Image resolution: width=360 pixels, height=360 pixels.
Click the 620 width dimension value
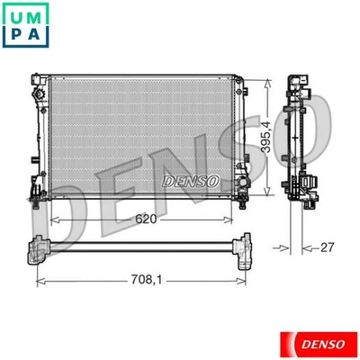[148, 219]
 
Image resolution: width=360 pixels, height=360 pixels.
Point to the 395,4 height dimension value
[267, 139]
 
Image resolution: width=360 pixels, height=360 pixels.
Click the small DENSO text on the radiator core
[191, 180]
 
